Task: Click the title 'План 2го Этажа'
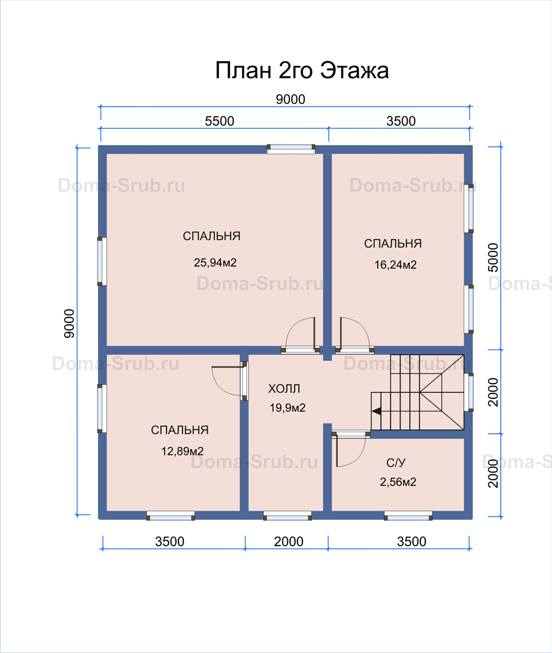(302, 71)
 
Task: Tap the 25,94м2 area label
(215, 262)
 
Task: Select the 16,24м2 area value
(395, 265)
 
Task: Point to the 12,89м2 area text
(182, 451)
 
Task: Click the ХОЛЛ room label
(284, 389)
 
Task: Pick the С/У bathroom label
(396, 463)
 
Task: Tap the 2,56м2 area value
(398, 482)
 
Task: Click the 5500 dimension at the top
(219, 121)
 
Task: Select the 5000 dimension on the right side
(493, 257)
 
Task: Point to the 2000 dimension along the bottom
(288, 542)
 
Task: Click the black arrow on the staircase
(376, 411)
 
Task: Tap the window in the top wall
(291, 149)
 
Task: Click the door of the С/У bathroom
(350, 448)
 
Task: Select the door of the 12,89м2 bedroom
(230, 380)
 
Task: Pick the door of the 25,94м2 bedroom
(300, 335)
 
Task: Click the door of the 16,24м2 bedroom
(354, 335)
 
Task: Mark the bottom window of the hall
(287, 515)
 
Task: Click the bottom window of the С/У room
(408, 515)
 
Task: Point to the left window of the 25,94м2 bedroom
(102, 261)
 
